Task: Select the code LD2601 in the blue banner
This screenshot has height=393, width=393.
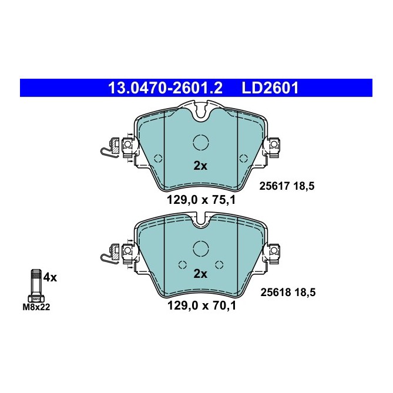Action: (270, 88)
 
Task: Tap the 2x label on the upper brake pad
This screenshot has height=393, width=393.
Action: (200, 166)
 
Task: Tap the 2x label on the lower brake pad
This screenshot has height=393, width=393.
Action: (200, 274)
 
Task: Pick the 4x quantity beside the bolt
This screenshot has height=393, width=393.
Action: (50, 277)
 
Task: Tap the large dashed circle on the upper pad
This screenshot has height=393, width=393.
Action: (200, 143)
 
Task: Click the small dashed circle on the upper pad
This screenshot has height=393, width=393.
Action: (157, 157)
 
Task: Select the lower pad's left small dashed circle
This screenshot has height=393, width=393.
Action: (182, 263)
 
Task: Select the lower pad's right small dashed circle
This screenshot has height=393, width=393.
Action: (219, 263)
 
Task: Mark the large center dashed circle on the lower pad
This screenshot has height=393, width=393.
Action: (200, 250)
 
